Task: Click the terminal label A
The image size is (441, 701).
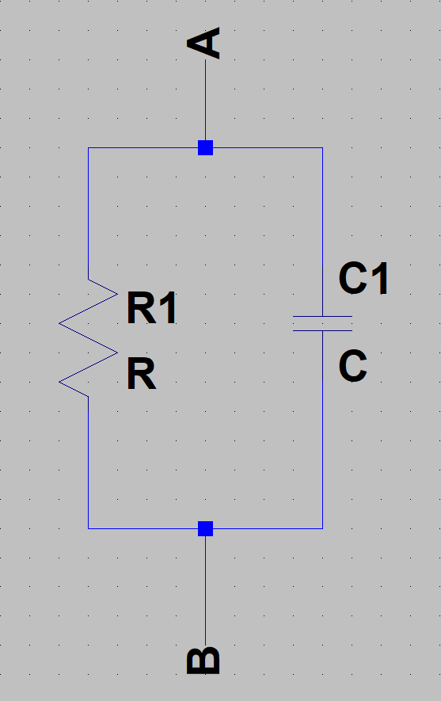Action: [203, 44]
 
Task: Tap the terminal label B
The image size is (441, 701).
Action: [203, 661]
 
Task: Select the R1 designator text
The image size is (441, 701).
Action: [152, 307]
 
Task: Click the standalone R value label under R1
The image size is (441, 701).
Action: [142, 374]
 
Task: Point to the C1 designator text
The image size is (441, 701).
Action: [363, 279]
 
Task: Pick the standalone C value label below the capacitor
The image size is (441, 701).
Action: [353, 366]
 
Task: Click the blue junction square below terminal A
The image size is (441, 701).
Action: [206, 147]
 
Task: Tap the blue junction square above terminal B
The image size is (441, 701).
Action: [206, 528]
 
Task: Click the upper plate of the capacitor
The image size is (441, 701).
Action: [322, 317]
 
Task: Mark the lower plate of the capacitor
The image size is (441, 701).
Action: [322, 331]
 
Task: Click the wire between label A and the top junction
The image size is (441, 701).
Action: [206, 100]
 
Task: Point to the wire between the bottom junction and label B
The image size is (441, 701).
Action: [206, 591]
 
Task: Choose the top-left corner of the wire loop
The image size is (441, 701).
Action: [88, 147]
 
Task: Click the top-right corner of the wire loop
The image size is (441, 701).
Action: [322, 147]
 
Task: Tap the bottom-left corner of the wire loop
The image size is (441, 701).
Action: [88, 528]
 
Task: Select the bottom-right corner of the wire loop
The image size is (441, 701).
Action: [322, 528]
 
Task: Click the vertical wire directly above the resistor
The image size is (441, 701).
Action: [88, 213]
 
